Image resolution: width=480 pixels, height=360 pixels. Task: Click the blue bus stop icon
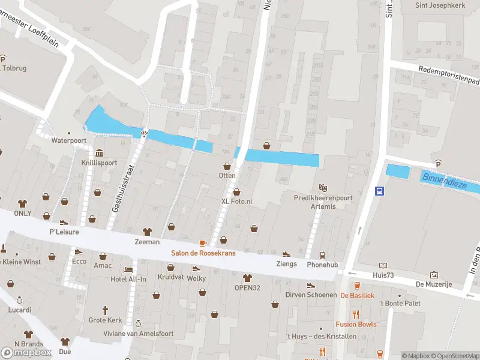[x=380, y=191]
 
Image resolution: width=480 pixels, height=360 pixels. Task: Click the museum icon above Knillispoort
[x=98, y=151]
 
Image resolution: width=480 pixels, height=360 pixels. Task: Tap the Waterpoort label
[x=69, y=140]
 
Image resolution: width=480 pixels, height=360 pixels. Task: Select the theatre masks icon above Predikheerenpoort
[x=323, y=187]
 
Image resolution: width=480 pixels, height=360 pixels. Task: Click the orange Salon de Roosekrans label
[x=203, y=253]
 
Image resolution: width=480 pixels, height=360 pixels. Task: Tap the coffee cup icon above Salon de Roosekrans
[x=203, y=242]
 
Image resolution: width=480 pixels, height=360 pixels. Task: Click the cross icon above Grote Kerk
[x=105, y=310]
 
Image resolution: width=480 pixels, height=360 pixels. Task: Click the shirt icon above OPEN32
[x=247, y=277]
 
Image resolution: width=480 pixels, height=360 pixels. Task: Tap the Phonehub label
[x=322, y=265]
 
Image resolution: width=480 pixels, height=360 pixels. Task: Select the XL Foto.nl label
[x=237, y=202]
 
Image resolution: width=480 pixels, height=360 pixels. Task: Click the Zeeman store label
[x=147, y=242]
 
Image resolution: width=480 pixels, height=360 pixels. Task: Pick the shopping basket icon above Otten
[x=227, y=166]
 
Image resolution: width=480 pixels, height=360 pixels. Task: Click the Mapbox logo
[x=26, y=352]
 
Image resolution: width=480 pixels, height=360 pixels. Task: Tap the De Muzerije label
[x=434, y=284]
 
